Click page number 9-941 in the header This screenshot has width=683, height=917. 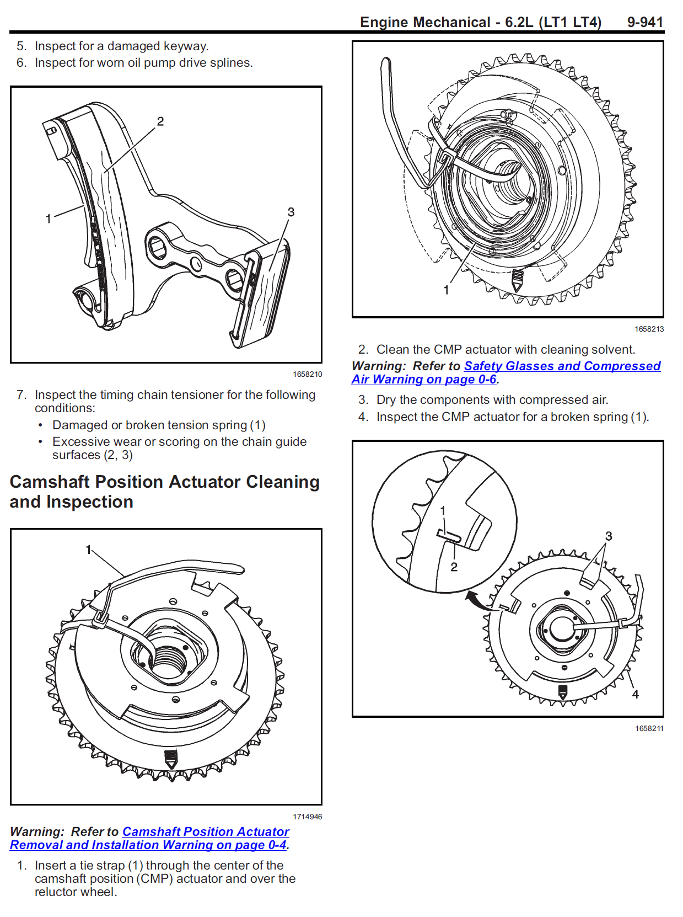click(644, 22)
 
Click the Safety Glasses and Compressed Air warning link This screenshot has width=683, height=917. click(562, 366)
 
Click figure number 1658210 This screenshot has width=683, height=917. click(307, 374)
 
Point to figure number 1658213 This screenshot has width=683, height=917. click(649, 329)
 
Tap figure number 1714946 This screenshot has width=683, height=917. click(307, 817)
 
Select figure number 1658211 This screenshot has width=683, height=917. click(649, 728)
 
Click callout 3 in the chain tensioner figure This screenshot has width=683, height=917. click(291, 212)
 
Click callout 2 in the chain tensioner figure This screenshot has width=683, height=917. click(160, 121)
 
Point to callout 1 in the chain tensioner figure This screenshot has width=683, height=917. click(49, 219)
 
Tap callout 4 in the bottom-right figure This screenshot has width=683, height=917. click(635, 695)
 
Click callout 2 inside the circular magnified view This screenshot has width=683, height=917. click(454, 567)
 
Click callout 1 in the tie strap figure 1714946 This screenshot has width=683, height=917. click(88, 550)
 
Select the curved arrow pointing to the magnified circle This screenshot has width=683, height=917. click(477, 600)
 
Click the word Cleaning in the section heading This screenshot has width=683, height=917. click(282, 482)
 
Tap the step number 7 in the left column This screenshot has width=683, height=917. click(21, 395)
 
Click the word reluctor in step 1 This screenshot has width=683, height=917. click(55, 892)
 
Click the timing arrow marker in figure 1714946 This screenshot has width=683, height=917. click(171, 759)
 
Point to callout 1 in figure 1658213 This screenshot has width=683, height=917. click(446, 290)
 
